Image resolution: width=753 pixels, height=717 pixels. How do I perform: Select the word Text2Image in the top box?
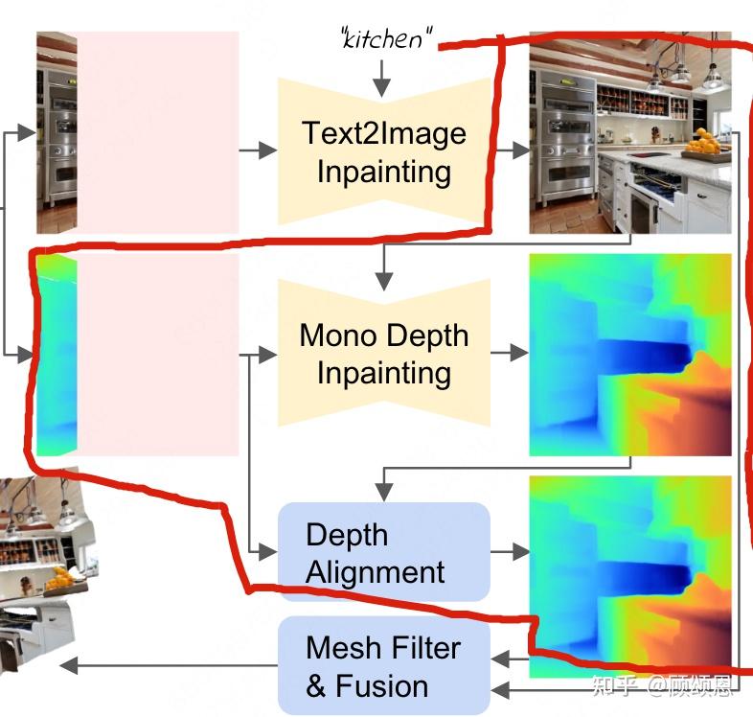coord(384,132)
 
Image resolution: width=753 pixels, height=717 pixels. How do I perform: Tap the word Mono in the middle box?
coord(338,335)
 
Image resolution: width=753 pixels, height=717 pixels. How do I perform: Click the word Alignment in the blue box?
coord(375,572)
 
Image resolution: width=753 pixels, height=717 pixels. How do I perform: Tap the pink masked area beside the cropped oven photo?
coord(157,132)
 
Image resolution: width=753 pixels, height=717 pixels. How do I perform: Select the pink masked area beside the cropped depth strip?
coord(157,355)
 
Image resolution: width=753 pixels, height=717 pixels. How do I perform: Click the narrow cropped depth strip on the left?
coord(56,355)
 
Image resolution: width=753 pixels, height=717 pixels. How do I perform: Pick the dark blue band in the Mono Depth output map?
coord(642,357)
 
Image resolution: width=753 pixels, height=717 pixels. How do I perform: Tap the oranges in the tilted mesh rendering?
coord(61,578)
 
